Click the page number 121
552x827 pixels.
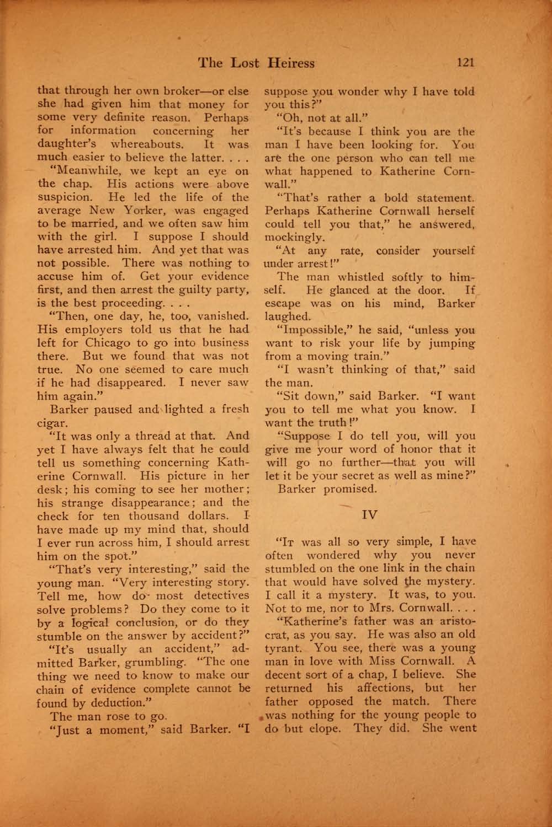pyautogui.click(x=465, y=63)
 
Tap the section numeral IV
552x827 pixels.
pyautogui.click(x=369, y=515)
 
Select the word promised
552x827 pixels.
pyautogui.click(x=351, y=488)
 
